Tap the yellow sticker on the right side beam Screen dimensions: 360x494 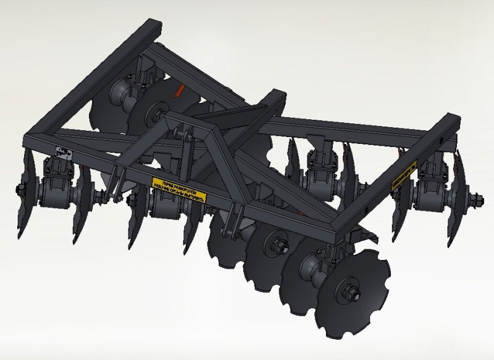pyautogui.click(x=404, y=175)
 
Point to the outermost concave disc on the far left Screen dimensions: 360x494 pyautogui.click(x=25, y=191)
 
